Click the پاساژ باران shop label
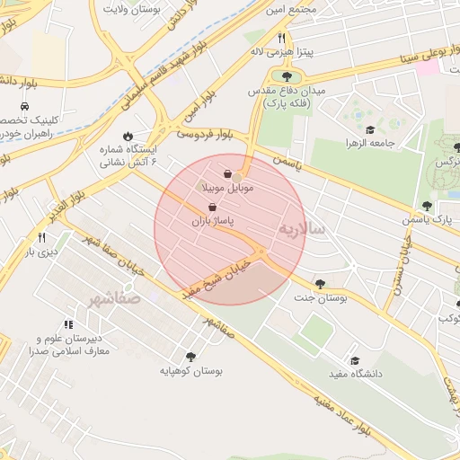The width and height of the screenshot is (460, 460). [x=211, y=220]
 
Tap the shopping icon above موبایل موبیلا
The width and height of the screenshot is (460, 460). [x=228, y=173]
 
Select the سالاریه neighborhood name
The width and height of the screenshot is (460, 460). [x=305, y=229]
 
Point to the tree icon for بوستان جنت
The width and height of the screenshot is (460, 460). [x=321, y=283]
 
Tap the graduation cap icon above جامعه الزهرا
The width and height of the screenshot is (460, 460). [x=371, y=128]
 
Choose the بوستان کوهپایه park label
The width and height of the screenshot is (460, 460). [x=190, y=369]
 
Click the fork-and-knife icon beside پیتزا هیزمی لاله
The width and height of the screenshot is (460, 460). [x=281, y=38]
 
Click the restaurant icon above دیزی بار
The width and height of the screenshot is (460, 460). [x=41, y=237]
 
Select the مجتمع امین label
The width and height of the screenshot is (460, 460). [x=290, y=8]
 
